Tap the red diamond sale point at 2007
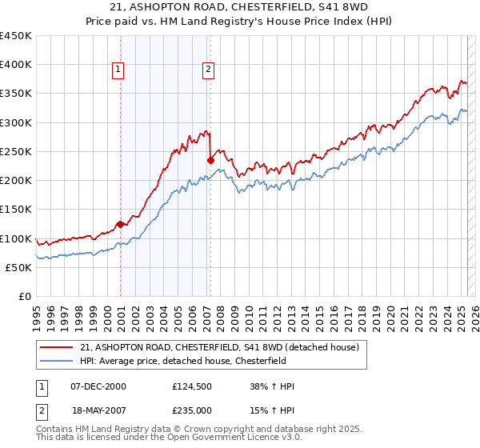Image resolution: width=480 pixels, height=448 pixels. [211, 160]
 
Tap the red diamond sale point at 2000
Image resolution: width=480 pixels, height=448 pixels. [120, 224]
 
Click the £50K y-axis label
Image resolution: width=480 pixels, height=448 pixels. [19, 267]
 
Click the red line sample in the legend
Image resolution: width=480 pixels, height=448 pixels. [57, 347]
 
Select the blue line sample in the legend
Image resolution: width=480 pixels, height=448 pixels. [57, 361]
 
